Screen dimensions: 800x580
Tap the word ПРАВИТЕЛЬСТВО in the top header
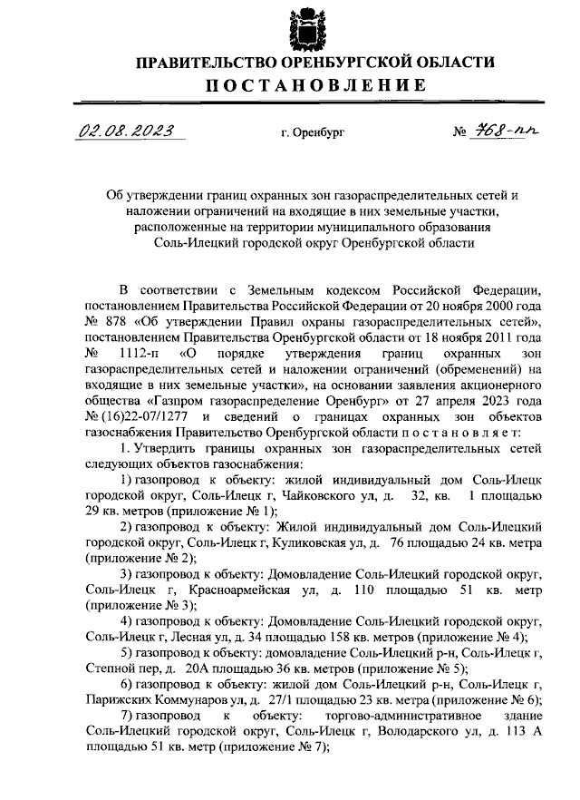point(201,63)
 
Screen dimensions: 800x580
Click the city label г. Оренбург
point(314,133)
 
